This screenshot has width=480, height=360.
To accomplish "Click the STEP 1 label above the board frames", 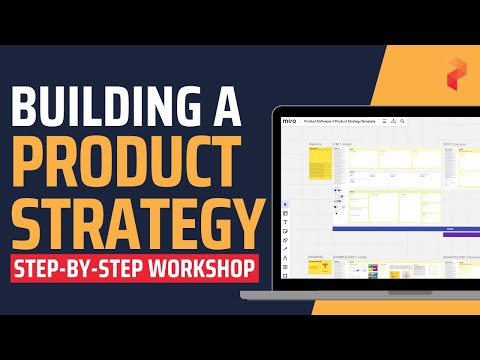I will point(340,144).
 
